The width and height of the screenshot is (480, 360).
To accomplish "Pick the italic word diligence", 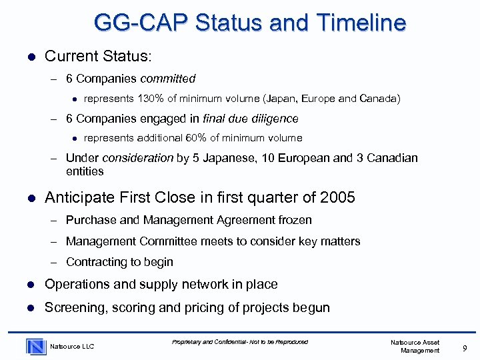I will pos(274,119).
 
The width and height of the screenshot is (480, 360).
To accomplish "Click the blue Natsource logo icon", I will pos(35,346).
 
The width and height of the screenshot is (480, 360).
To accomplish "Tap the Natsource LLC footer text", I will pos(73,347).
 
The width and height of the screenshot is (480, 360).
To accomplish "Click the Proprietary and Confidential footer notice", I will pos(240,342).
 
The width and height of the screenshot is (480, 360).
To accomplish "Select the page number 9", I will pos(464,346).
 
